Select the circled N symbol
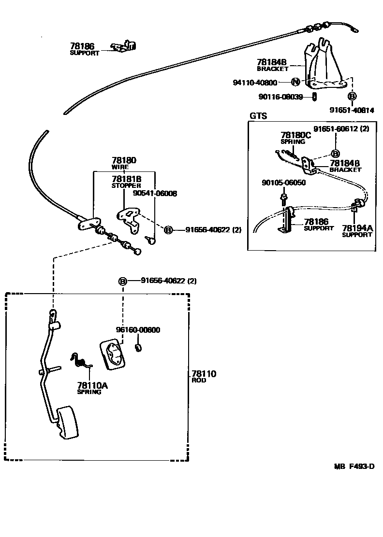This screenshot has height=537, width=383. (x=295, y=82)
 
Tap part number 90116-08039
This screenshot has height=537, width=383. (x=280, y=97)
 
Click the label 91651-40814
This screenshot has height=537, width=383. (x=352, y=110)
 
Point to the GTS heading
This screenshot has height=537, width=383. (x=258, y=116)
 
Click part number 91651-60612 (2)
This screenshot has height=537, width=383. (x=341, y=129)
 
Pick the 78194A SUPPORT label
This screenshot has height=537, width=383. (x=357, y=231)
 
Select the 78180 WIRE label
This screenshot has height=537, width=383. (x=124, y=163)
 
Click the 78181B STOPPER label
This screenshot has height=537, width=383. (x=126, y=182)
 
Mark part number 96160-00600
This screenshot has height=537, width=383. (x=138, y=330)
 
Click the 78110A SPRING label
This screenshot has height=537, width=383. (x=92, y=388)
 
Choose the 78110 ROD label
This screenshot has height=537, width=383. (x=204, y=376)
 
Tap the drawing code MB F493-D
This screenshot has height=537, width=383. (x=354, y=466)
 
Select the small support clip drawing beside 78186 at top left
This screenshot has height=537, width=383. (x=125, y=46)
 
